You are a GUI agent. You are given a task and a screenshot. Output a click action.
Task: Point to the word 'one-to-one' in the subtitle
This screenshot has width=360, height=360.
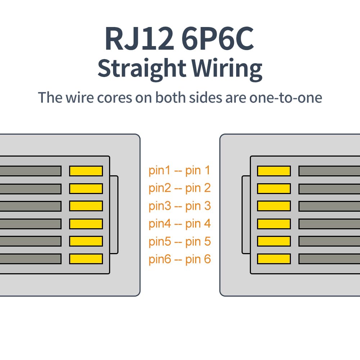285,97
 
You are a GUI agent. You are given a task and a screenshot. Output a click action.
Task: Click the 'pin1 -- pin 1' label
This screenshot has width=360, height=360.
179,170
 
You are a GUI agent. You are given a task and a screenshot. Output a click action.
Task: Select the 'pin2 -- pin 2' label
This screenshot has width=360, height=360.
179,188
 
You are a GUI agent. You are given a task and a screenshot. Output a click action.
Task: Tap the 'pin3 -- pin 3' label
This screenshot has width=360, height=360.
179,206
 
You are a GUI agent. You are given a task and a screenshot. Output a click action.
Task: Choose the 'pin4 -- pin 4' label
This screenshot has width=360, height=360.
179,224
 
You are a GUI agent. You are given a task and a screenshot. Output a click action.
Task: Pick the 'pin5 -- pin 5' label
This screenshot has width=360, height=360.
179,241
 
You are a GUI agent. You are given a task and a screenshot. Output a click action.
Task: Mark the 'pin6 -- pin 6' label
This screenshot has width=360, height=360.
179,259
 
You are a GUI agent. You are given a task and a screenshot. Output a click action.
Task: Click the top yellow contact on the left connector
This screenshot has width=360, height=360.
86,171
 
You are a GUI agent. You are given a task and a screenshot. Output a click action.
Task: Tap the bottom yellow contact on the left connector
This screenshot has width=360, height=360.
86,259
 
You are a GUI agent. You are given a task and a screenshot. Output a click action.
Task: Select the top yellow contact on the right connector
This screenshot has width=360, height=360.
274,171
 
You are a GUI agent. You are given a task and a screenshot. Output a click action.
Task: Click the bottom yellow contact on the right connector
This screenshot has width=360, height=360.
274,259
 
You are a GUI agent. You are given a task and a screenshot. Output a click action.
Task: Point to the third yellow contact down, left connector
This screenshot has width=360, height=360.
86,206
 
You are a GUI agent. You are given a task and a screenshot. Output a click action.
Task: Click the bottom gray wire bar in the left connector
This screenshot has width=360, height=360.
30,259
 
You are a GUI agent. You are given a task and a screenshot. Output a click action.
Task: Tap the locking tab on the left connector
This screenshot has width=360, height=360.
114,215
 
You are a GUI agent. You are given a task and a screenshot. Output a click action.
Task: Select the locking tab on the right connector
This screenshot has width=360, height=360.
246,215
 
